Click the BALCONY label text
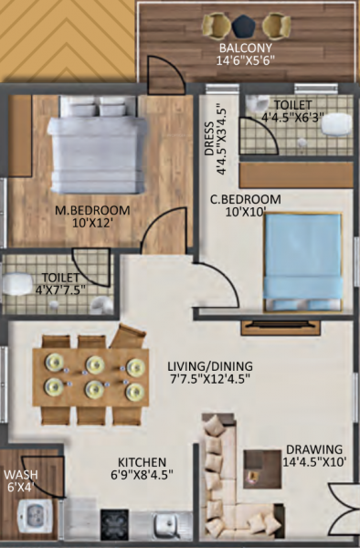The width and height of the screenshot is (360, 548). tap(245, 47)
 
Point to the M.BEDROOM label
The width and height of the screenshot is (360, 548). tap(92, 210)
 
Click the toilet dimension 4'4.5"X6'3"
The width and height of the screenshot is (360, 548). tap(291, 117)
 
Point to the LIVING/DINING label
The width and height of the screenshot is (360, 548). tap(210, 363)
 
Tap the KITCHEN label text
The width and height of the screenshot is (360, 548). tap(141, 461)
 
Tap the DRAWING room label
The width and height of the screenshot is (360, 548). tap(313, 449)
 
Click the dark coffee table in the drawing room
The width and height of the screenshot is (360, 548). tap(260, 469)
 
